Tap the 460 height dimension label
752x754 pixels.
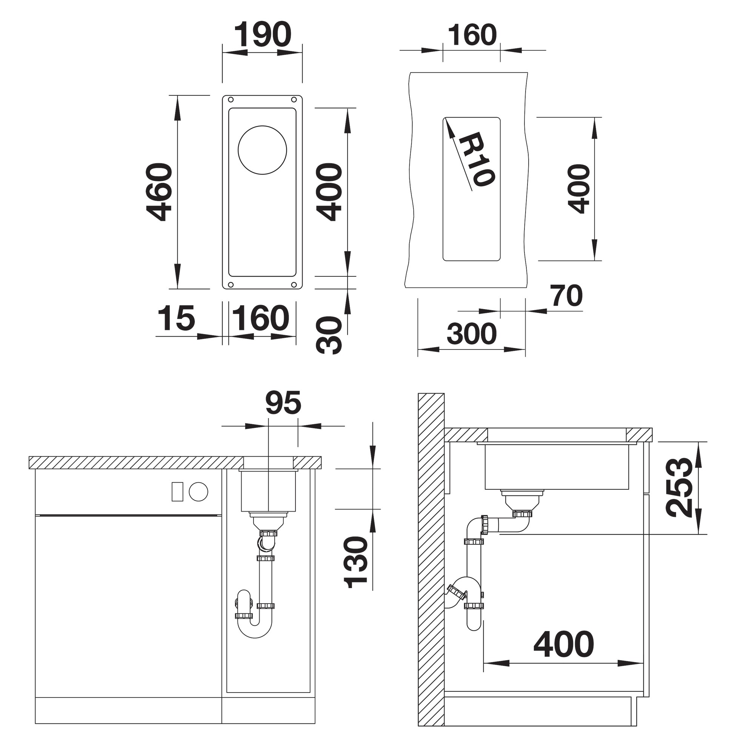[159, 192]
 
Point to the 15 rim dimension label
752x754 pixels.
[176, 318]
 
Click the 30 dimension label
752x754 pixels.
[329, 335]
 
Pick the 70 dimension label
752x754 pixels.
[566, 296]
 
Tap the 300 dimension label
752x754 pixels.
[472, 334]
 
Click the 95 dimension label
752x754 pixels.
[283, 402]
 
